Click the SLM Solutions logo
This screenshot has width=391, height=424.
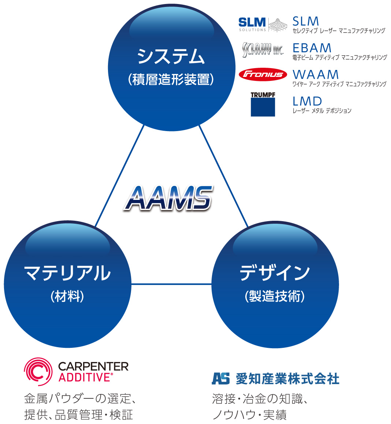[x=262, y=25]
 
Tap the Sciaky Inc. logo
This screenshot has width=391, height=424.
[x=262, y=49]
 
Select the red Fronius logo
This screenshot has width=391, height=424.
[x=262, y=74]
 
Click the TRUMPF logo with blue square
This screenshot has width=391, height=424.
[x=263, y=105]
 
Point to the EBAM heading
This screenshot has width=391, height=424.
[x=312, y=48]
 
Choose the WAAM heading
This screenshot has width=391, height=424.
[x=316, y=74]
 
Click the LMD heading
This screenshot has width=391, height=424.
[x=307, y=101]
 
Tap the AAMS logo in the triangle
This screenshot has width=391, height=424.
[x=168, y=198]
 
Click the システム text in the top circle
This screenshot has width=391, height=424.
[x=171, y=57]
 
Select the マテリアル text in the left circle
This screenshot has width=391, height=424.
[x=67, y=274]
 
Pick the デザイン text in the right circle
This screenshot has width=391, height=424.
[x=275, y=273]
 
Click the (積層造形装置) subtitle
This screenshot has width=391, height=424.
[x=171, y=79]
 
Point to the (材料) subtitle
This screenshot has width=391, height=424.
[x=67, y=296]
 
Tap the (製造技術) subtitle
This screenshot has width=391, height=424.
[x=275, y=296]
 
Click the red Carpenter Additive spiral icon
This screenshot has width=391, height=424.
[x=38, y=372]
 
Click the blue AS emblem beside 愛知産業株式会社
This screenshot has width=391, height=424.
[x=221, y=379]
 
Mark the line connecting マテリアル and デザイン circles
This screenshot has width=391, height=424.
[x=171, y=284]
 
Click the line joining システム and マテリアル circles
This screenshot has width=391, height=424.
[x=120, y=176]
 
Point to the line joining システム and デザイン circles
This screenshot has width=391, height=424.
[x=223, y=176]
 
